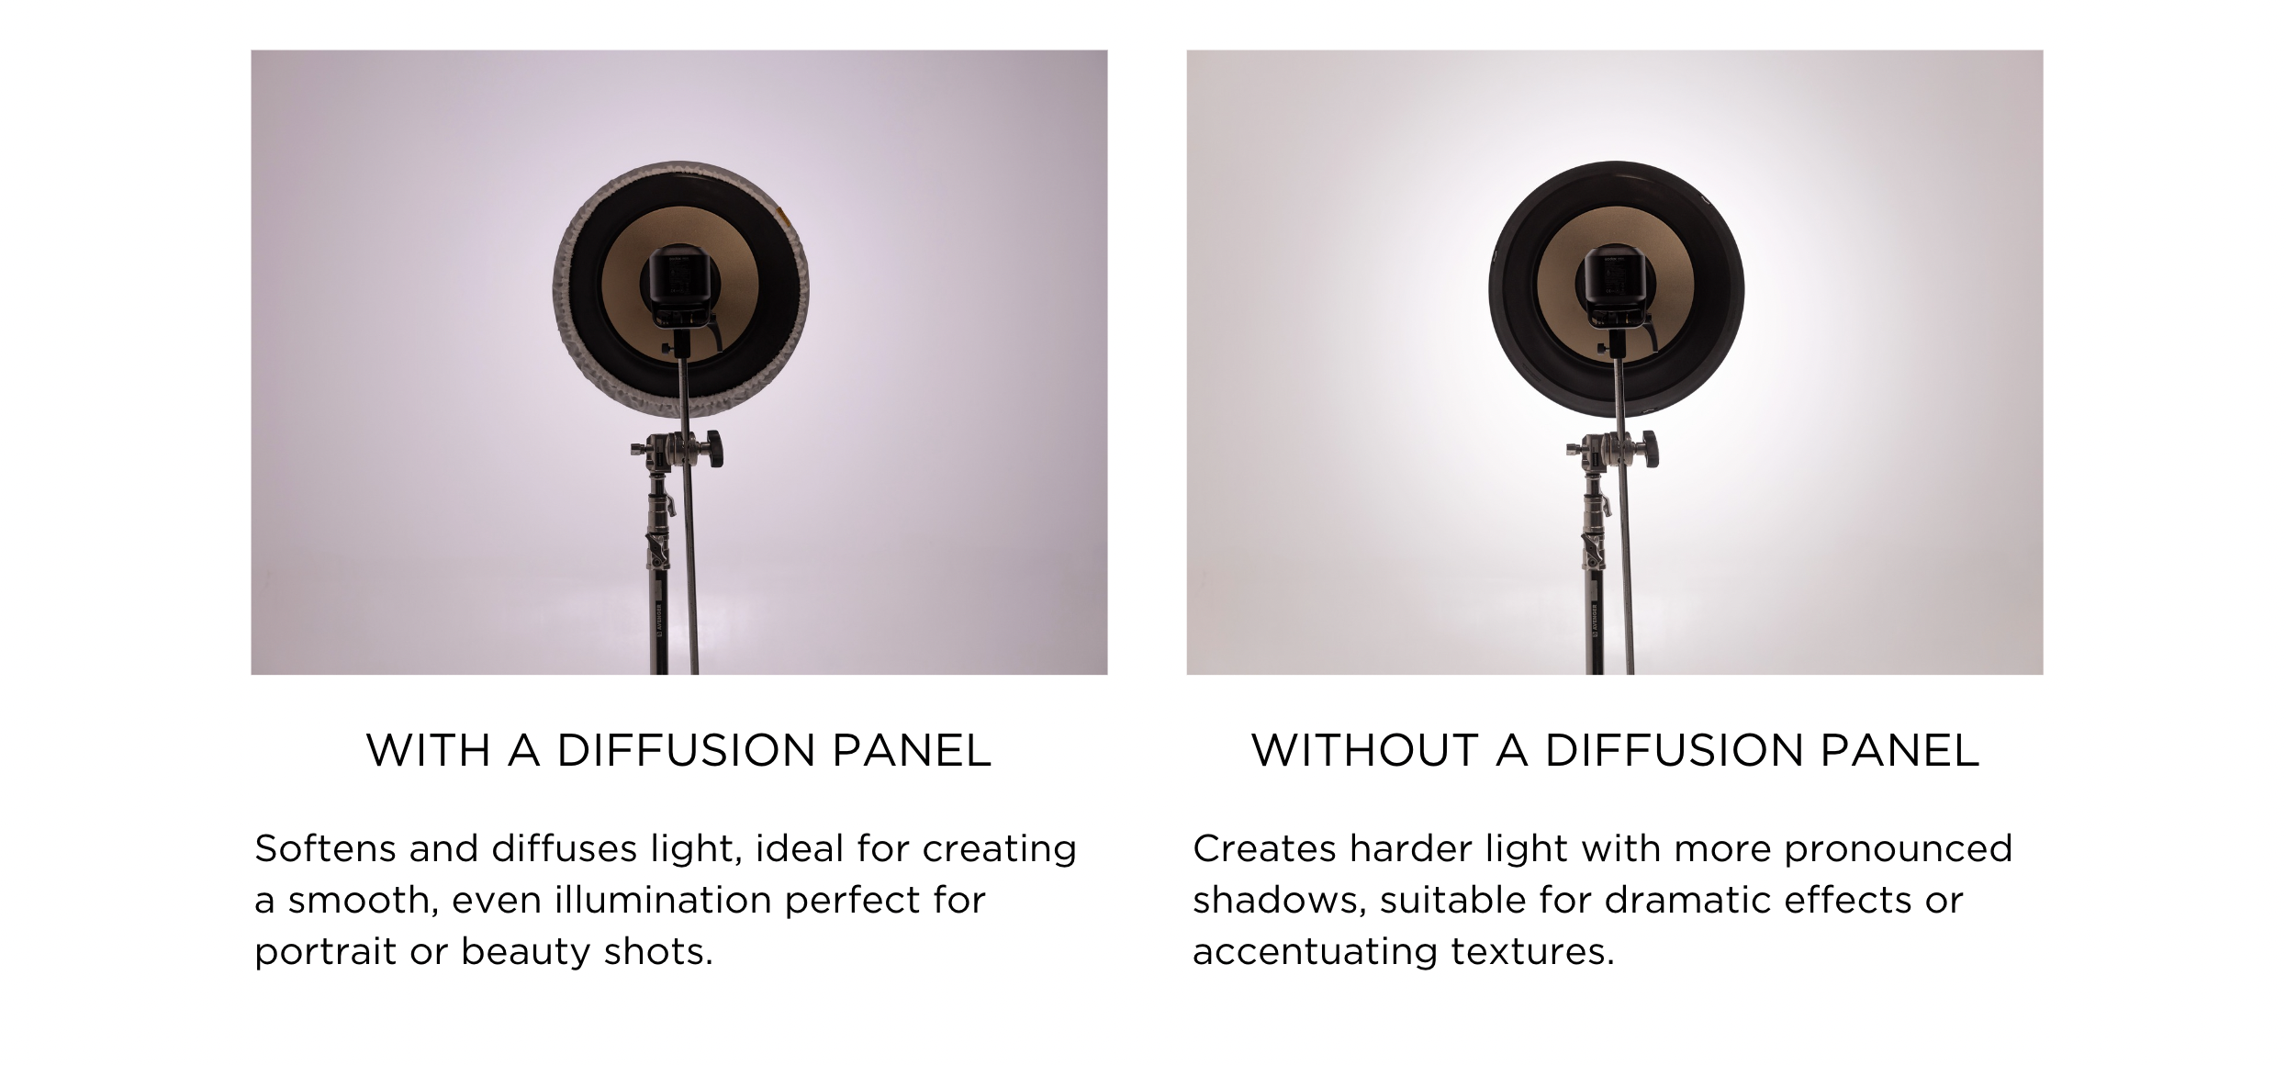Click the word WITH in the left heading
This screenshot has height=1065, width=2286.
(x=429, y=750)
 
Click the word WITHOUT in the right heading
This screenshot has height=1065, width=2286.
(x=1366, y=750)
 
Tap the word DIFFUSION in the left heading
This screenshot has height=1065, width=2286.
(x=686, y=750)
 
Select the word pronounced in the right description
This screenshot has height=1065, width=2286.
(x=1898, y=850)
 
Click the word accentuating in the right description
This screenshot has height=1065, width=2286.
(x=1315, y=953)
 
